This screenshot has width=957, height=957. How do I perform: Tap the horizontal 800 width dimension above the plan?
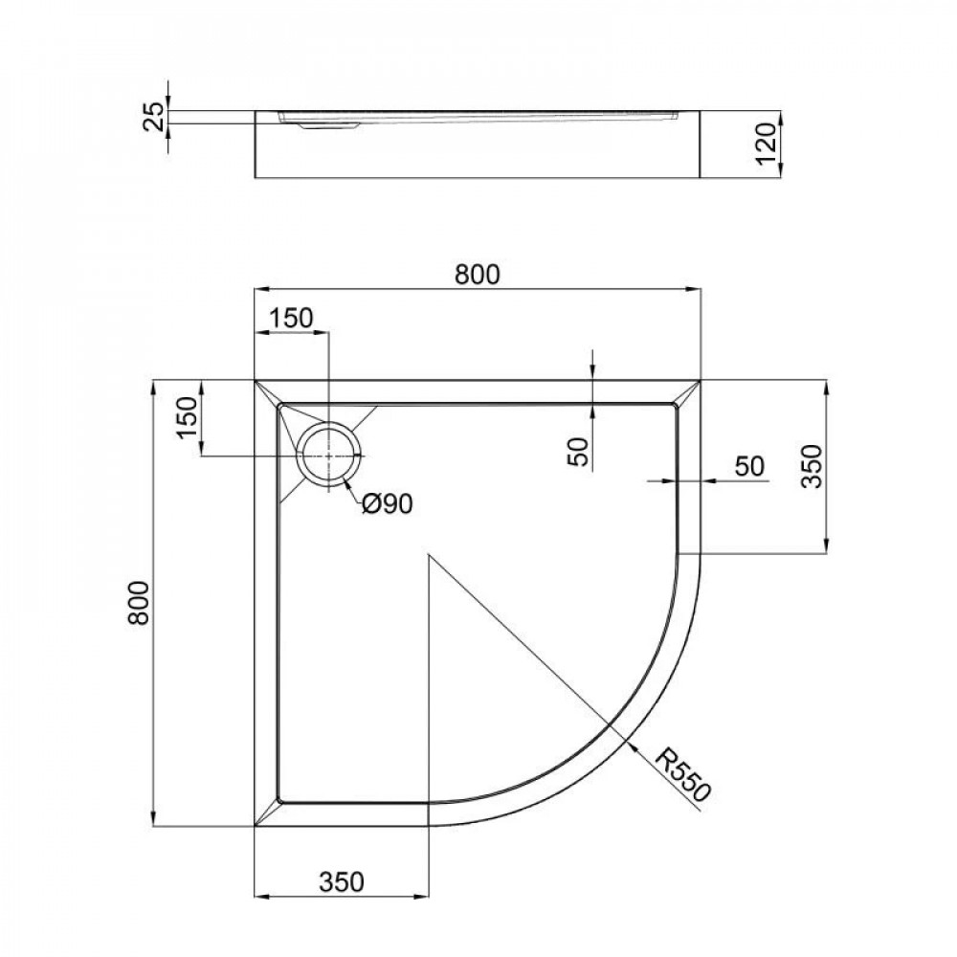coord(477,274)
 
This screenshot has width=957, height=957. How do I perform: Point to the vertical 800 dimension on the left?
coord(139,603)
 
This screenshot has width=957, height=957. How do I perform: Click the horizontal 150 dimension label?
coord(290,319)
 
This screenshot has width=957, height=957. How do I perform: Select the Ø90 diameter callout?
coord(387,503)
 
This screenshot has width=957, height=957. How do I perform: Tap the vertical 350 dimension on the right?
coord(811,466)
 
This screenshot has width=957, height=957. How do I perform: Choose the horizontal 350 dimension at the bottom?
coord(342,881)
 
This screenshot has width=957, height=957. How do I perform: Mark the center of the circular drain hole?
coord(328,456)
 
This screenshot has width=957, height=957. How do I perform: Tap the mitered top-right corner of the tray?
coord(689,393)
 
